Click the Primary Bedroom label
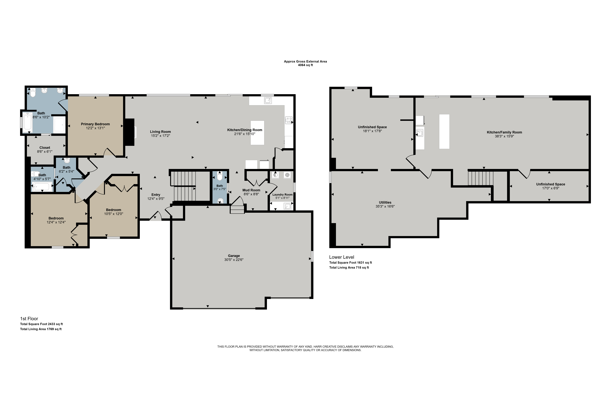(x=95, y=124)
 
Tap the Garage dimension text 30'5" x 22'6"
(x=234, y=260)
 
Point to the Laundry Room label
(x=282, y=194)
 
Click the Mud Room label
(x=251, y=190)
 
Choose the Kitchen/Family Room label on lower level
(x=504, y=132)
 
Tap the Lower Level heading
(x=342, y=257)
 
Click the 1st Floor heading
(x=29, y=318)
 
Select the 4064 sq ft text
(x=305, y=65)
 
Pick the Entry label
(x=156, y=195)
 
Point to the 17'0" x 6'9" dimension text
(x=551, y=188)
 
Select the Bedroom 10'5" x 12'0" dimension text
(x=114, y=214)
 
